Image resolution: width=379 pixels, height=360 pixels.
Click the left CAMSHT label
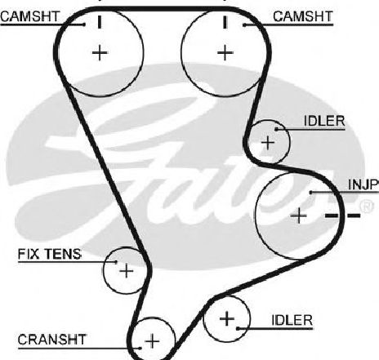click(30, 16)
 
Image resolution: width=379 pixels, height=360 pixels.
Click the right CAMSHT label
click(303, 16)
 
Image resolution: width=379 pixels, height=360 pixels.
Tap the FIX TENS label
click(50, 254)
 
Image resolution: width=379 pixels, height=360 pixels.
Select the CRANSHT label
click(51, 340)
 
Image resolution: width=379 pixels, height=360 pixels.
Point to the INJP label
click(363, 184)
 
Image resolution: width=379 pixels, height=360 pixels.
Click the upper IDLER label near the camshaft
click(324, 122)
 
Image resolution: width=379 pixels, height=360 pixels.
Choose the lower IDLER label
click(292, 320)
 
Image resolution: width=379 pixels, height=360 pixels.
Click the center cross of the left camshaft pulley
click(100, 53)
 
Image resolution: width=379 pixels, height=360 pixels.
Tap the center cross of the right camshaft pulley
click(225, 53)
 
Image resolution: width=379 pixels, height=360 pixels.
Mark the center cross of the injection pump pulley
click(299, 216)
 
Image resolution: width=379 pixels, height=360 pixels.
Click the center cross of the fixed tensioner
click(127, 271)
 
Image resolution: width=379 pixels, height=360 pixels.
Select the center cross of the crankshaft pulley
click(152, 341)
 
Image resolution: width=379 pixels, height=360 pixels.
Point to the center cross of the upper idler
click(268, 143)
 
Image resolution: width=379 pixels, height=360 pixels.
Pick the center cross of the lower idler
click(227, 318)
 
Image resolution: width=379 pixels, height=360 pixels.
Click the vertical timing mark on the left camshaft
click(100, 22)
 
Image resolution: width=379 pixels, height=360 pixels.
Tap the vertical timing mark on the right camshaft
click(225, 22)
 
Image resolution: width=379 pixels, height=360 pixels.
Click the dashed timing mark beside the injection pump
click(343, 216)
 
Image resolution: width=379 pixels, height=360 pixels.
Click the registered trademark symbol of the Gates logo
click(367, 207)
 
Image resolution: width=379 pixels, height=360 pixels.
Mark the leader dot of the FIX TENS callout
click(116, 262)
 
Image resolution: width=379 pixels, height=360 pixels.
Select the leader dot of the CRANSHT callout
click(140, 348)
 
